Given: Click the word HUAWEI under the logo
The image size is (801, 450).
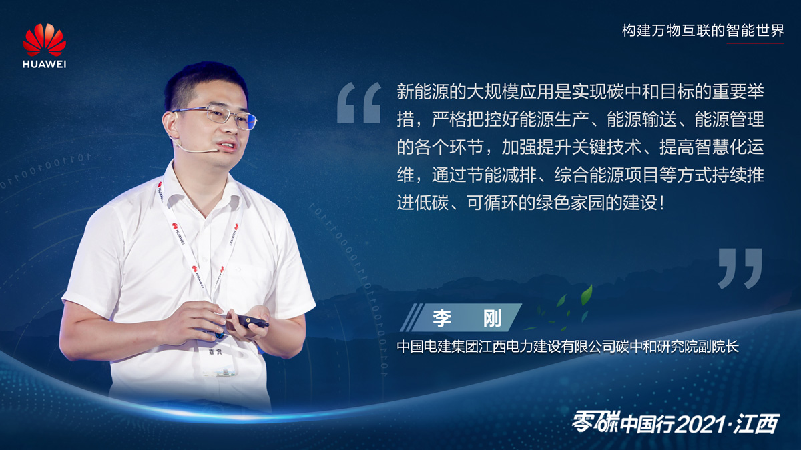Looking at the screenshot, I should (x=44, y=65).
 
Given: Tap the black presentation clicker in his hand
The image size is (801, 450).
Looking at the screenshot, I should (x=252, y=321).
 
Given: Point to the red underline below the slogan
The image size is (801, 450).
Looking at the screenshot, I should (x=755, y=43).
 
